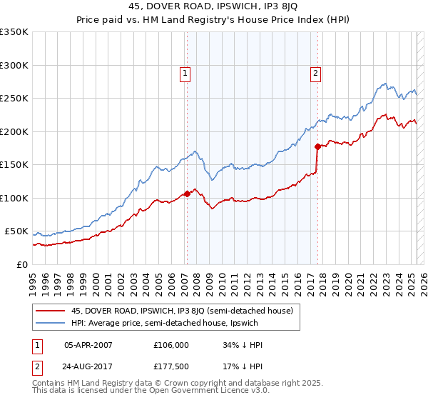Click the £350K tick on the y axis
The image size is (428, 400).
(x=14, y=32)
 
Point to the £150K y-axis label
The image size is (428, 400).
(x=14, y=165)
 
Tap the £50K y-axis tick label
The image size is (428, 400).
(x=16, y=231)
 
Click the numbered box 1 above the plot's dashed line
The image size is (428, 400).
(x=185, y=72)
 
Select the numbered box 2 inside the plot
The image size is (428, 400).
(x=315, y=72)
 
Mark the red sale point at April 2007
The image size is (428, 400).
(x=187, y=194)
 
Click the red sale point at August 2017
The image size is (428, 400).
(x=317, y=146)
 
